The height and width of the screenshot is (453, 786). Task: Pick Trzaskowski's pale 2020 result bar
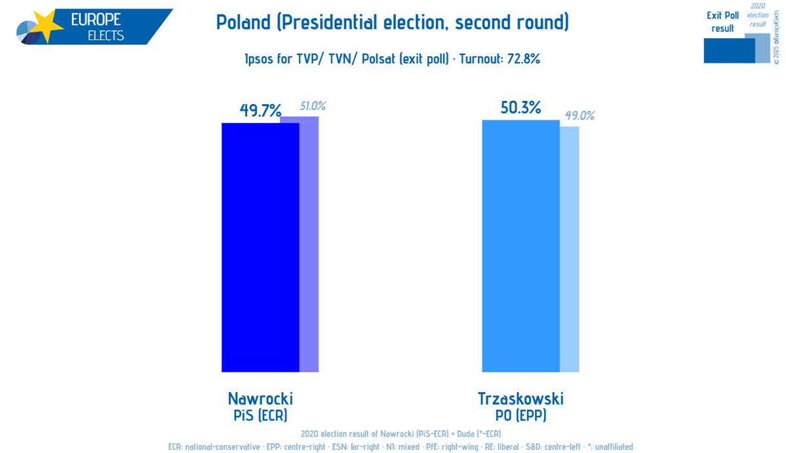(570, 249)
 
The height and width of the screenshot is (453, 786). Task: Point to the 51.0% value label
(313, 106)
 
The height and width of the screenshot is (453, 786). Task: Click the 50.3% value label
(521, 108)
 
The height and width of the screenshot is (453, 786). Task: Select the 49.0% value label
(580, 115)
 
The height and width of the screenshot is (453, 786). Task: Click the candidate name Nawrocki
(260, 399)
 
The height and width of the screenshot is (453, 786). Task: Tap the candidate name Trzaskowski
(521, 399)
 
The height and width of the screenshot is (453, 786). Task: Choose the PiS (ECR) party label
(260, 415)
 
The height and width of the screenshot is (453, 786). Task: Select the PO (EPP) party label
(521, 415)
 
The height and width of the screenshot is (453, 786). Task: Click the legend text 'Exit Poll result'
(722, 22)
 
